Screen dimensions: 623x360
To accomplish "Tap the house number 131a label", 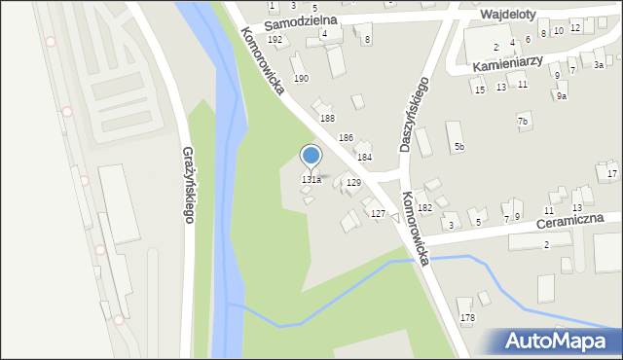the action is pos(311,180).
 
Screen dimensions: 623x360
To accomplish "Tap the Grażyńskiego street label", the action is pos(188,184).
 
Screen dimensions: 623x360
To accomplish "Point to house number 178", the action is pos(467,318).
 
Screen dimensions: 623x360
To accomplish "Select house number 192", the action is pos(275,40).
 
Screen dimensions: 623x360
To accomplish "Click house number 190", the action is pos(302,78).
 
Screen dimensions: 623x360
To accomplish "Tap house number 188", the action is pos(328,118).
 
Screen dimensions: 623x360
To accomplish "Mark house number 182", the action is pos(424,208).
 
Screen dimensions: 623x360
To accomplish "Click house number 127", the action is pos(378,213).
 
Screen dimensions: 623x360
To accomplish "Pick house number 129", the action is pos(353,182).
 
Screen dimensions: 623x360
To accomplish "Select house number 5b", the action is pos(458,146).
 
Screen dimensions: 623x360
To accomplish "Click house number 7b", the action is pos(523,121).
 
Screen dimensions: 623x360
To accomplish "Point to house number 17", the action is pos(611,173).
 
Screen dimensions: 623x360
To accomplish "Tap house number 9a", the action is pos(561,95).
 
